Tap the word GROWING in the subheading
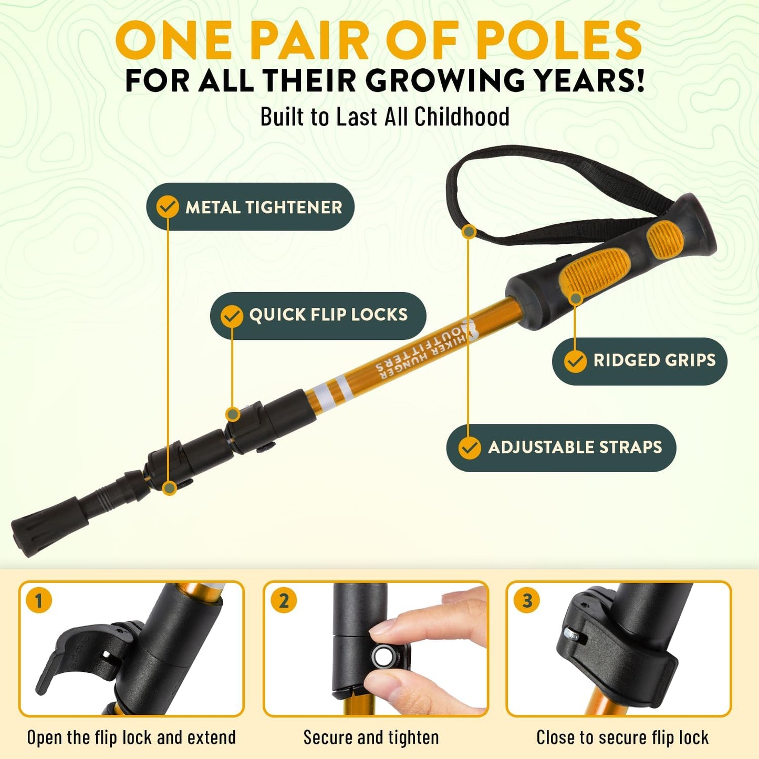(444, 80)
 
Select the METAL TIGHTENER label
(263, 207)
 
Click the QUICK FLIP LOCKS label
(328, 315)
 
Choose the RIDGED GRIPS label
(654, 360)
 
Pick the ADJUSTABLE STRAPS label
(575, 447)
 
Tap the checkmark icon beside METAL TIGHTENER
(168, 207)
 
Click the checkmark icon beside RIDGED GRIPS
(575, 361)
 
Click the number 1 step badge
(38, 600)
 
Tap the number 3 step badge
(527, 600)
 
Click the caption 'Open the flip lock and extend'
(131, 737)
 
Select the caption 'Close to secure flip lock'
(622, 737)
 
